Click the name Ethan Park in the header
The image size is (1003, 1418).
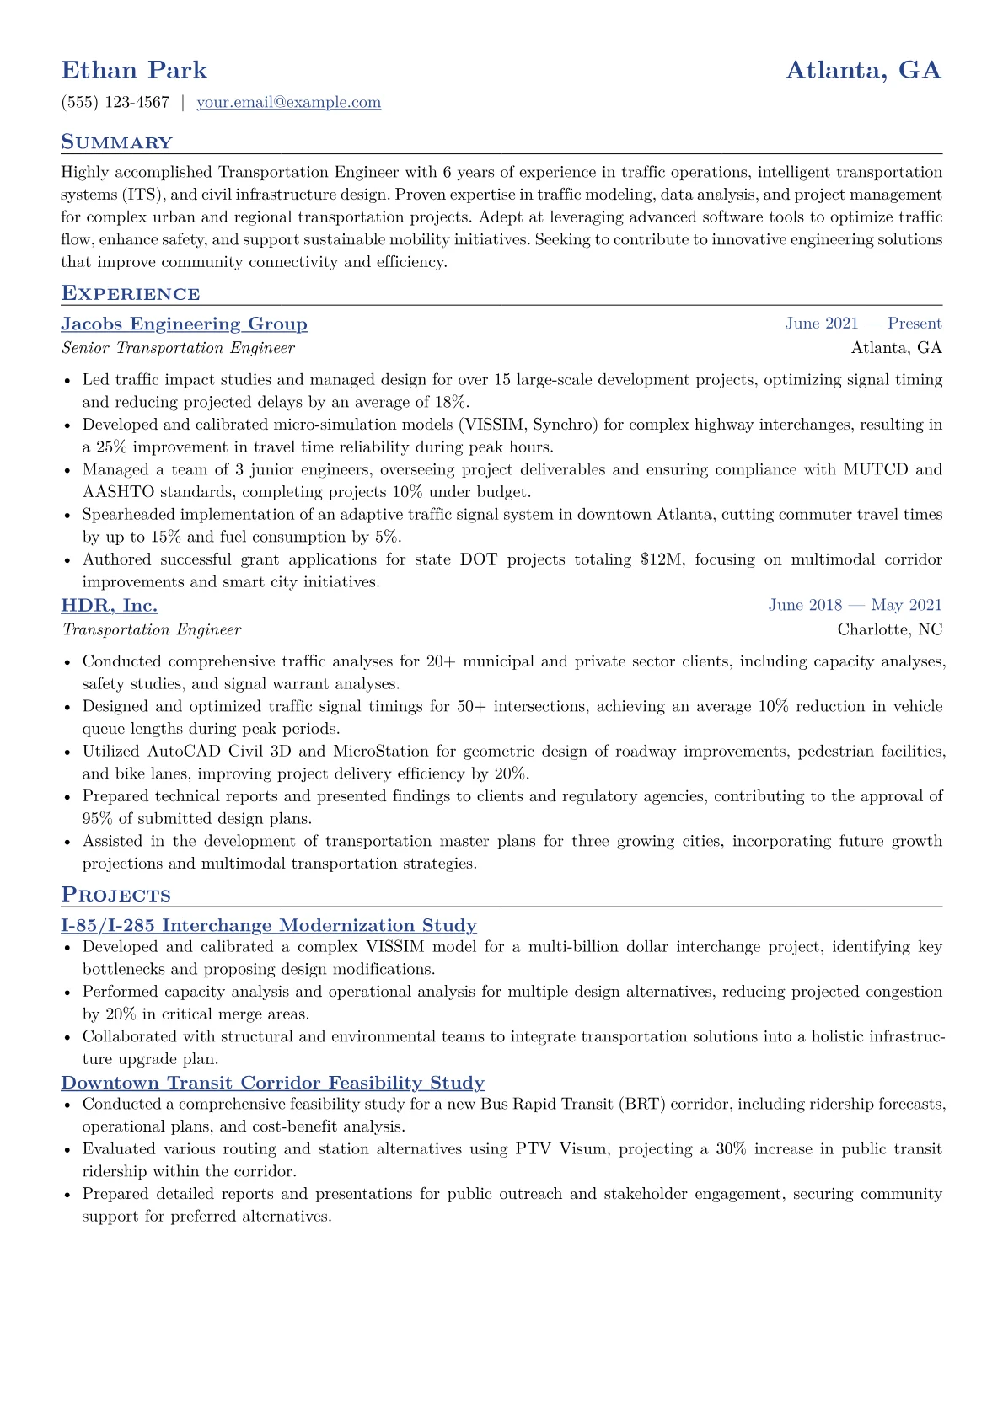pyautogui.click(x=134, y=70)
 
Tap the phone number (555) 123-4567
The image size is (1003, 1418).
pyautogui.click(x=115, y=103)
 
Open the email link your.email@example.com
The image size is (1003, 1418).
pyautogui.click(x=288, y=103)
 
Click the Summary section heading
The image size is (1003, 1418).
pyautogui.click(x=116, y=142)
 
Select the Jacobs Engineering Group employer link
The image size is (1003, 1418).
pyautogui.click(x=184, y=324)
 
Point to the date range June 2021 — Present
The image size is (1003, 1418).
pyautogui.click(x=863, y=324)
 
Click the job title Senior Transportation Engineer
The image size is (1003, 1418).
pyautogui.click(x=178, y=348)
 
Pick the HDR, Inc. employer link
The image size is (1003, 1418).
pyautogui.click(x=109, y=606)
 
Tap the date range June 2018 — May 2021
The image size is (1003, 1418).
pyautogui.click(x=855, y=605)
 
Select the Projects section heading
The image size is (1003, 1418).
pyautogui.click(x=115, y=896)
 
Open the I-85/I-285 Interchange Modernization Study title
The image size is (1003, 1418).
pyautogui.click(x=268, y=926)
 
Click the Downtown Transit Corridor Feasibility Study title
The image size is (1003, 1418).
pyautogui.click(x=272, y=1083)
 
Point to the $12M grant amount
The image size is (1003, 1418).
pyautogui.click(x=652, y=559)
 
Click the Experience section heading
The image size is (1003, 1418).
pyautogui.click(x=131, y=294)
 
